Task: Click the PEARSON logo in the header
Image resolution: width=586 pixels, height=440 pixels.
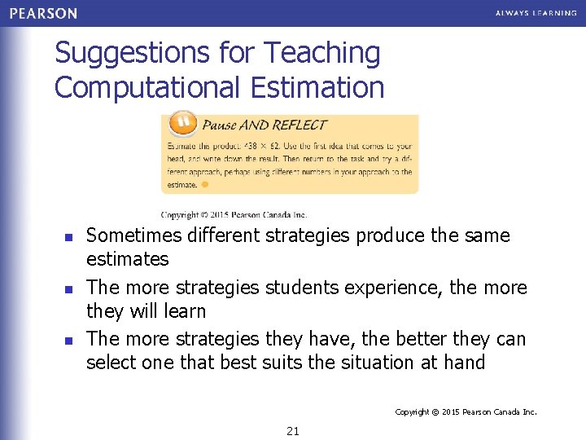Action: (x=44, y=13)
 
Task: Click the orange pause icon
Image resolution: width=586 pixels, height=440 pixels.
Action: (x=181, y=124)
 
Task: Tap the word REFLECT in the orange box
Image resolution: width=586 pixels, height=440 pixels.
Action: (x=301, y=125)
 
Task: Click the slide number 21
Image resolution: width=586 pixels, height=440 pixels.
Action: (x=293, y=431)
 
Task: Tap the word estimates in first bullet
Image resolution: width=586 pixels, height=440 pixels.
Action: (x=128, y=260)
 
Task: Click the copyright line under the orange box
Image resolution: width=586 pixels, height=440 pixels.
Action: (x=234, y=215)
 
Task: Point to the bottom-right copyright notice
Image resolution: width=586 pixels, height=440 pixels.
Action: (x=466, y=412)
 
